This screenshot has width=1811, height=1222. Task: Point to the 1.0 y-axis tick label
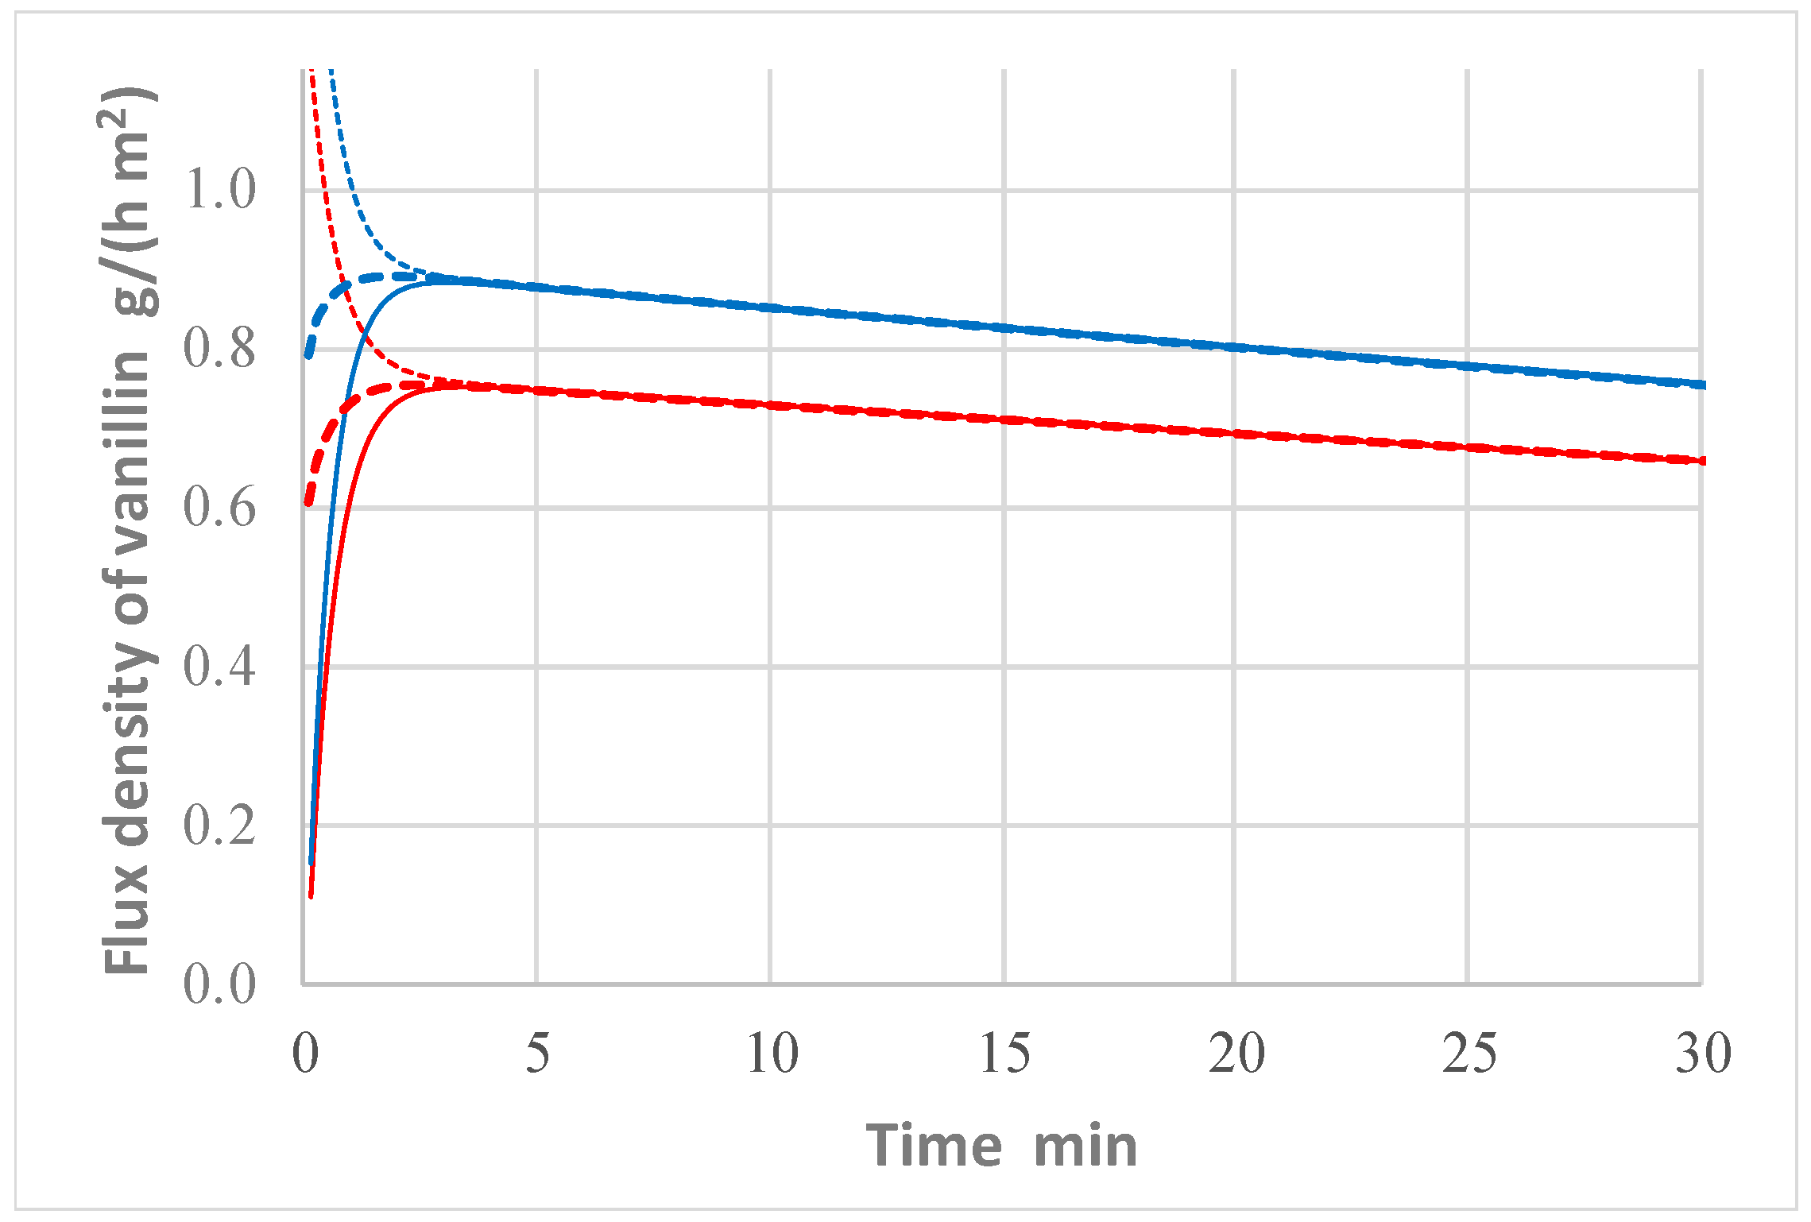point(219,190)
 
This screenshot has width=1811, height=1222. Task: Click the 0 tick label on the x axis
point(305,1054)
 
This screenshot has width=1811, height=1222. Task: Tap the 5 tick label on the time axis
point(538,1054)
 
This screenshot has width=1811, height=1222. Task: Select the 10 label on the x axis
point(772,1054)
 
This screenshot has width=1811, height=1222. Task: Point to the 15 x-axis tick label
point(1004,1054)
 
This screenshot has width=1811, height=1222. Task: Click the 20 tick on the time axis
point(1236,1054)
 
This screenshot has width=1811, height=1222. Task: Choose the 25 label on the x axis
point(1469,1054)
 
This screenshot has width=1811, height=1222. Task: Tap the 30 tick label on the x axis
point(1703,1054)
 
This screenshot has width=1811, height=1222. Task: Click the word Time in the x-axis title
point(934,1146)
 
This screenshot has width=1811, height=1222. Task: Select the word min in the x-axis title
point(1085,1146)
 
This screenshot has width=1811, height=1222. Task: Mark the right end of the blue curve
point(1704,385)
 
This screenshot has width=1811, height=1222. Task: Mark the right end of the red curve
point(1704,461)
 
